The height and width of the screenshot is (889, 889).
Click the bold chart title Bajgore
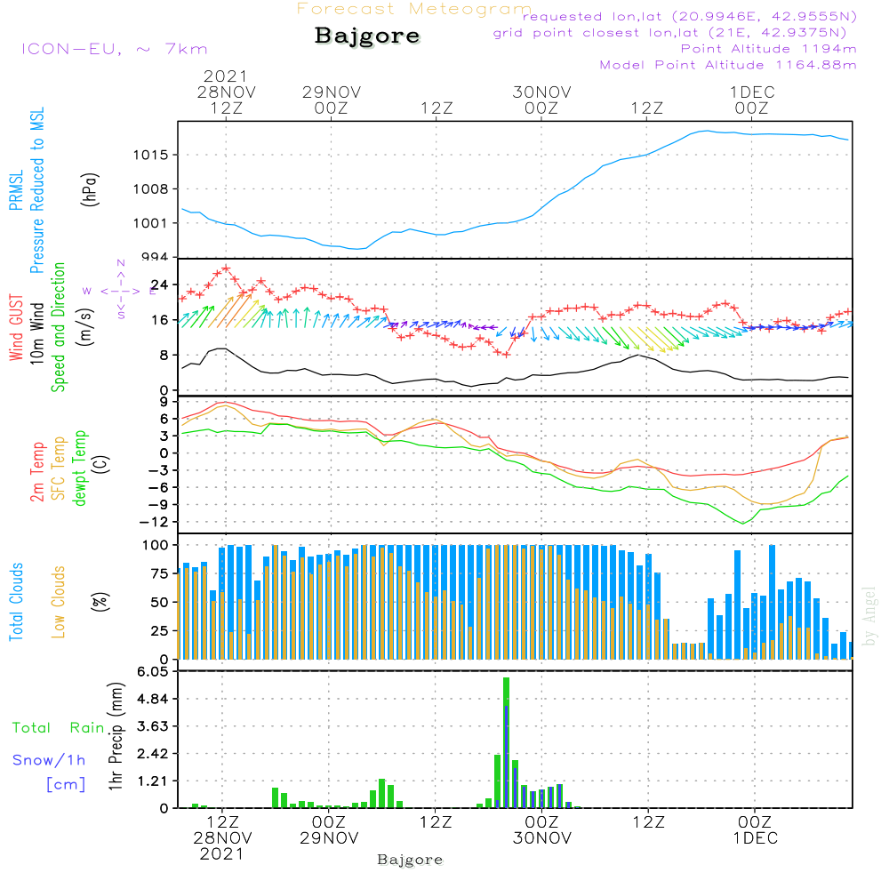click(367, 36)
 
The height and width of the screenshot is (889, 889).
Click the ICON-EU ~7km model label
click(114, 49)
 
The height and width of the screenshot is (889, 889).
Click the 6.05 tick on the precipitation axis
click(153, 672)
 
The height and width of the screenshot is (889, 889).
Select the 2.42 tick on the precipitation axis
click(153, 754)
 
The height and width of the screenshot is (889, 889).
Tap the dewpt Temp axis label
click(80, 469)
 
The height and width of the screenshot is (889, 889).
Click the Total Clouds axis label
click(17, 602)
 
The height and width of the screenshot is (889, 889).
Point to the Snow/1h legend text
click(50, 760)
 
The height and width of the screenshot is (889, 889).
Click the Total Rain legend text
click(59, 727)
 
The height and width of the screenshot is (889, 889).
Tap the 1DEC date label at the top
click(752, 92)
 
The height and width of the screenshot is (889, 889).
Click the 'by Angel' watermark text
click(870, 616)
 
